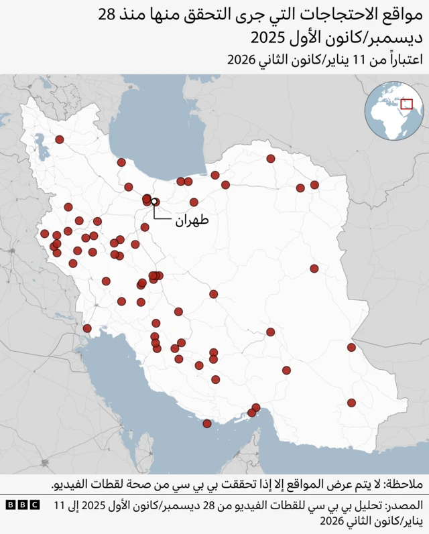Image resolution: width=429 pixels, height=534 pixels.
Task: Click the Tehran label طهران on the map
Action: coord(192,220)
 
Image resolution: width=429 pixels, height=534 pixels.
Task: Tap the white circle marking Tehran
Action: coord(154,201)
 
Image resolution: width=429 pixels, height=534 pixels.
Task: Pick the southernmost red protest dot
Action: coord(207,423)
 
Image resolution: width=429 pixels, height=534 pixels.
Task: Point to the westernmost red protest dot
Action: coord(44,234)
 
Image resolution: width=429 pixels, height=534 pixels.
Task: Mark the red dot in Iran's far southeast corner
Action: coord(351,403)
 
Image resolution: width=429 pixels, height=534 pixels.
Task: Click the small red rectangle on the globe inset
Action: coord(406,104)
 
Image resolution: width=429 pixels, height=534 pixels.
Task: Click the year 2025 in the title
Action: coord(268,36)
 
